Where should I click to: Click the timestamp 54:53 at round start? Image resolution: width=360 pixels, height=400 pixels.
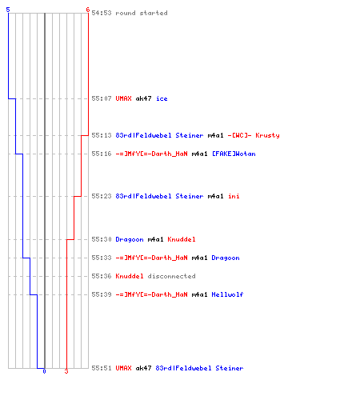pos(102,13)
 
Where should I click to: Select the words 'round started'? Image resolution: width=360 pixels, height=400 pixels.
pos(142,13)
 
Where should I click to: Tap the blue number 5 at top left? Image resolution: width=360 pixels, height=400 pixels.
pos(8,10)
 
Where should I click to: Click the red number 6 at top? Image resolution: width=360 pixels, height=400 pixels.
pos(88,10)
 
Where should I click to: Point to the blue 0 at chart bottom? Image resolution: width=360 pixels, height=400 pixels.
pos(44,371)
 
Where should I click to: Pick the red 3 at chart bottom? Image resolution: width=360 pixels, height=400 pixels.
pos(66,371)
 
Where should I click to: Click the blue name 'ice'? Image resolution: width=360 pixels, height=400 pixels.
pos(162,98)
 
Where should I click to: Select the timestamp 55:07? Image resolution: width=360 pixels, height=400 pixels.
pos(102,98)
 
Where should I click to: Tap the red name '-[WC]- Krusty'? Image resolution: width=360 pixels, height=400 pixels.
pos(254,135)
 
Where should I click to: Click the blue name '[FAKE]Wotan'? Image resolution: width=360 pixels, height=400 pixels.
pos(234,154)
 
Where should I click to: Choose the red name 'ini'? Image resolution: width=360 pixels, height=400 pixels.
pos(234,196)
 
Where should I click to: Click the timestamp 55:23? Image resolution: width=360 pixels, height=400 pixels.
pos(102,196)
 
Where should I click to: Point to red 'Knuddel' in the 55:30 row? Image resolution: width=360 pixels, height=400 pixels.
pos(182,239)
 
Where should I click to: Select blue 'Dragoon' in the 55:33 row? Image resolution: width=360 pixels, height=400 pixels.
pos(226,258)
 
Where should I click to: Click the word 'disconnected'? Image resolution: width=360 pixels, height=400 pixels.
pos(171,276)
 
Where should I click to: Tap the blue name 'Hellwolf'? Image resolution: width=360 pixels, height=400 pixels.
pos(227,294)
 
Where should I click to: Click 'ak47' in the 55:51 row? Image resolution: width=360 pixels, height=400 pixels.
pos(143,368)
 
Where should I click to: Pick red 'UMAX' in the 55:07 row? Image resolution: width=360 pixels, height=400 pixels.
pos(123,98)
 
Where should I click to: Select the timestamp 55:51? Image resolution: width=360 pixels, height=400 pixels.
pos(102,368)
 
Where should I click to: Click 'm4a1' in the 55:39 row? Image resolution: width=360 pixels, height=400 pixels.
pos(199,294)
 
